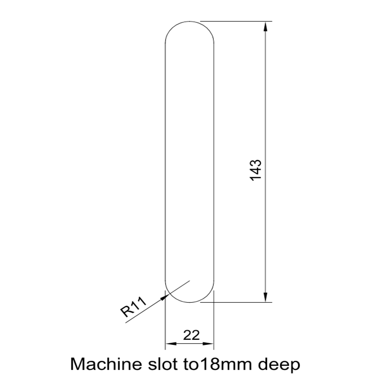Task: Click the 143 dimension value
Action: [x=255, y=170]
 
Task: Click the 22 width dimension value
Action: [x=191, y=335]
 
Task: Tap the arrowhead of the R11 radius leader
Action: [x=164, y=297]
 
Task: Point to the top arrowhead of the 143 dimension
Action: [x=266, y=25]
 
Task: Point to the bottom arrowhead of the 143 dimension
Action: [x=266, y=298]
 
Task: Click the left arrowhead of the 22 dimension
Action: [x=169, y=344]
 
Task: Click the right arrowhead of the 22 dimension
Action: [x=210, y=344]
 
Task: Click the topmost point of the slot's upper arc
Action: [x=190, y=21]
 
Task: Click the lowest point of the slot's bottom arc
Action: [x=190, y=303]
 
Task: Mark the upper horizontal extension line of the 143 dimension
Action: [x=236, y=21]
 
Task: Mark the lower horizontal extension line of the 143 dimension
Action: [x=236, y=303]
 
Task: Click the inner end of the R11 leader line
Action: [x=190, y=281]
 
